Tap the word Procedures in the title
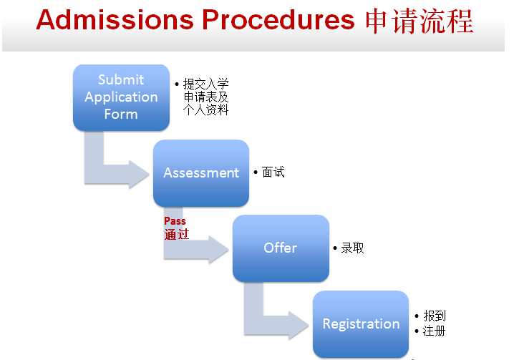pyautogui.click(x=278, y=20)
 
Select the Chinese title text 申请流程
pyautogui.click(x=420, y=20)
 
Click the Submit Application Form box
pyautogui.click(x=121, y=97)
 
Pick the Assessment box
pyautogui.click(x=201, y=173)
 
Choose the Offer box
pyautogui.click(x=281, y=248)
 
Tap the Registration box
pyautogui.click(x=361, y=324)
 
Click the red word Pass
pyautogui.click(x=175, y=221)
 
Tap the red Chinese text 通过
pyautogui.click(x=176, y=234)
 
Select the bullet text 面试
pyautogui.click(x=273, y=172)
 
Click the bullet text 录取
pyautogui.click(x=353, y=248)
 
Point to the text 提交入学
pyautogui.click(x=206, y=84)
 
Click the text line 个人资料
pyautogui.click(x=206, y=110)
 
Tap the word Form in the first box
pyautogui.click(x=121, y=115)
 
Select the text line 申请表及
pyautogui.click(x=206, y=97)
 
